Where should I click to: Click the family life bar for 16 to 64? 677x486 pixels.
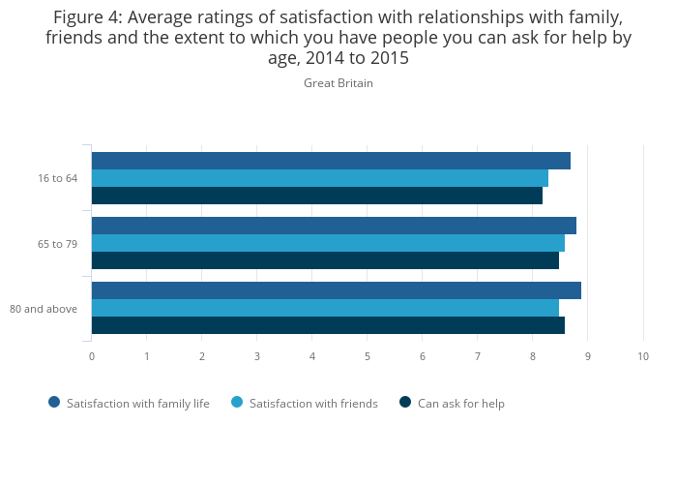tap(331, 161)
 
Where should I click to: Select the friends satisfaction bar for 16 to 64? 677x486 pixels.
tap(320, 178)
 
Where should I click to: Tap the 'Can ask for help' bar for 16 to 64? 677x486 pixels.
tap(317, 196)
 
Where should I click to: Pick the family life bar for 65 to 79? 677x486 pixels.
tap(334, 226)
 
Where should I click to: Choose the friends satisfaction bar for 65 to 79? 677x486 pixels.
tap(328, 243)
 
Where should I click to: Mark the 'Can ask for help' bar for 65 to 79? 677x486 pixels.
tap(325, 260)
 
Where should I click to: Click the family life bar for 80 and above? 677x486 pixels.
tap(337, 290)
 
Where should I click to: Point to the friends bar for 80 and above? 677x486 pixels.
tap(325, 308)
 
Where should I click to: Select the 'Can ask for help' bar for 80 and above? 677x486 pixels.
tap(328, 325)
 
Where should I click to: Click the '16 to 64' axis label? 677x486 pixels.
tap(58, 178)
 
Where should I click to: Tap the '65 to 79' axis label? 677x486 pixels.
tap(58, 244)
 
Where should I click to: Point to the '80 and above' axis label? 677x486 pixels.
tap(44, 309)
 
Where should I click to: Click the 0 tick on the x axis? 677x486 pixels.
tap(92, 356)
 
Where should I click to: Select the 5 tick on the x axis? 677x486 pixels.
tap(368, 356)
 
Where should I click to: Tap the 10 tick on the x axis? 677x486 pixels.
tap(643, 356)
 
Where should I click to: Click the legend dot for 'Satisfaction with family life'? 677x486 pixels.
tap(54, 403)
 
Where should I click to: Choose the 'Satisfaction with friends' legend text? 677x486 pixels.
tap(313, 404)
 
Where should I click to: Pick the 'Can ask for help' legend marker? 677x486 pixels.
tap(405, 403)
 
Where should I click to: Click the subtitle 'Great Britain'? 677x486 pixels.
tap(338, 83)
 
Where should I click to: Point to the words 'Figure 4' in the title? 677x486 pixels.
tap(87, 18)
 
